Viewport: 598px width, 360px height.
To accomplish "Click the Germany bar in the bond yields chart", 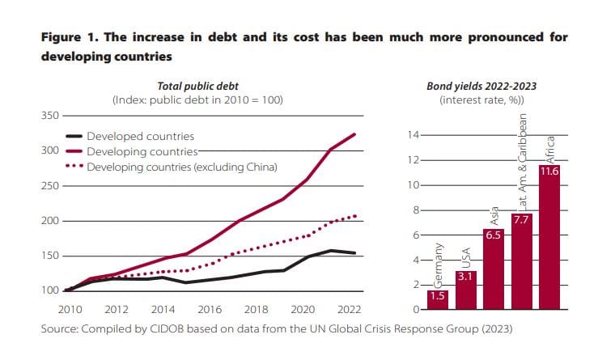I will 438,300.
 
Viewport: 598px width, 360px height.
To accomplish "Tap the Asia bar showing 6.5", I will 493,269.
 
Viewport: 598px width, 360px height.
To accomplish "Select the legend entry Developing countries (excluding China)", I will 182,167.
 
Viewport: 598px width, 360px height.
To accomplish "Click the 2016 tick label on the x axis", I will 210,310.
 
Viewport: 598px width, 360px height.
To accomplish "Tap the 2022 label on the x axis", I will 349,310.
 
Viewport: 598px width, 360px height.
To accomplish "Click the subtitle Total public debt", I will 197,86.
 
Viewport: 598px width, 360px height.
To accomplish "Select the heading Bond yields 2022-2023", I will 481,86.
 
